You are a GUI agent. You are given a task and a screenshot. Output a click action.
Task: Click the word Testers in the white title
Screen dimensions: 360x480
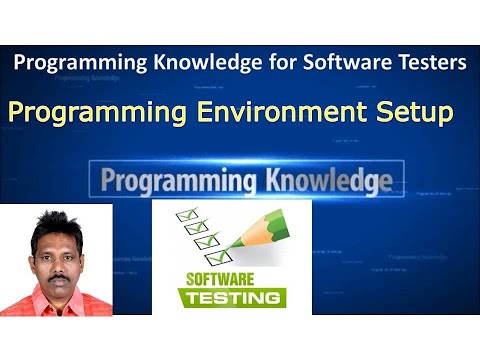click(x=428, y=63)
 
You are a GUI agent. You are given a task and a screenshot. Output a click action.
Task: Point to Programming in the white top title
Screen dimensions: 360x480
click(x=77, y=63)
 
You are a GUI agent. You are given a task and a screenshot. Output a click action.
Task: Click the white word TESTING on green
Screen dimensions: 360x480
click(x=232, y=298)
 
